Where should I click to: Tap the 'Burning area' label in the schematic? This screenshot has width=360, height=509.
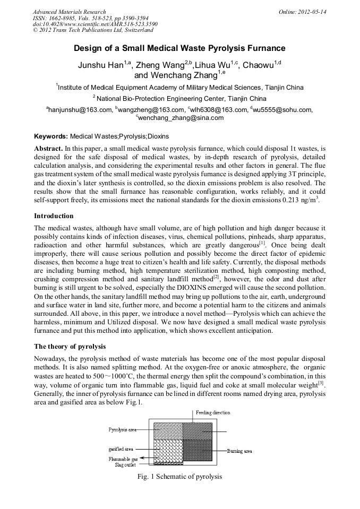coord(239,451)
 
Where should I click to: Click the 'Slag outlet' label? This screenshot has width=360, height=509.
coord(125,464)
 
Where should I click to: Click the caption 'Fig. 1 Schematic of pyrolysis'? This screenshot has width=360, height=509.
coord(179,477)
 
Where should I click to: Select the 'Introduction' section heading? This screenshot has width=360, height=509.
coord(54,216)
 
